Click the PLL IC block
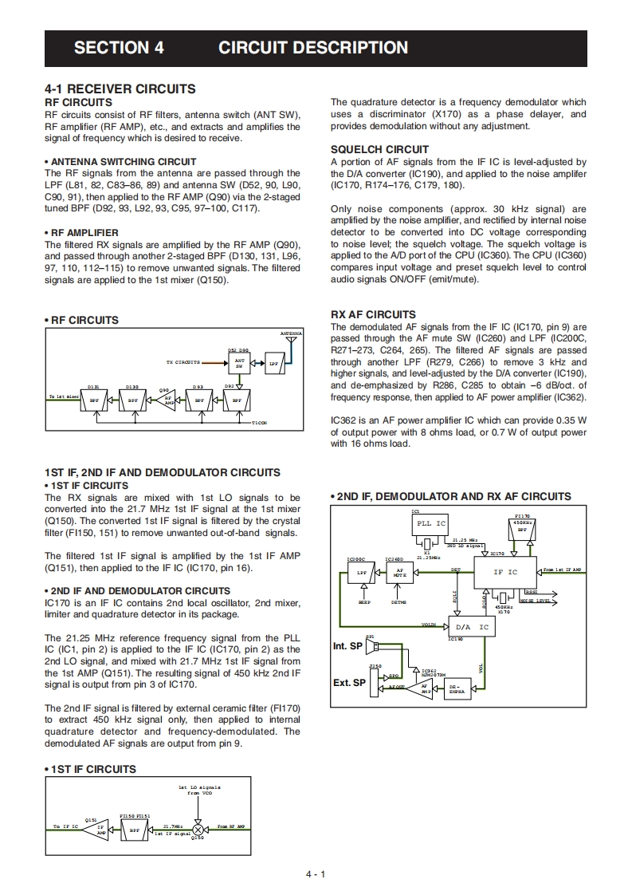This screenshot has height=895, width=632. click(x=431, y=524)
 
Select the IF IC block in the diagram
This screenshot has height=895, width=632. click(x=504, y=572)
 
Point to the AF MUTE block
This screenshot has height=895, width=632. click(x=400, y=573)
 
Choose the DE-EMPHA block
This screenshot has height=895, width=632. click(x=457, y=688)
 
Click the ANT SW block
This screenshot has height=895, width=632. click(x=239, y=362)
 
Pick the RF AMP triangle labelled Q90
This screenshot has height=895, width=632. click(x=167, y=401)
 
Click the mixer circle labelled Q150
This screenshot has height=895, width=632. click(x=198, y=830)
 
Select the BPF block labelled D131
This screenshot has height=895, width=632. click(x=94, y=401)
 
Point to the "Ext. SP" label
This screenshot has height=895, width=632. click(x=349, y=683)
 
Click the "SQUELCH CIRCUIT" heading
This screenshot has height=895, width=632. click(x=379, y=149)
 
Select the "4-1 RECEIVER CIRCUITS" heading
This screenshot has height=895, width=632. click(x=120, y=89)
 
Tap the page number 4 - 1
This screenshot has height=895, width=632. click(x=316, y=874)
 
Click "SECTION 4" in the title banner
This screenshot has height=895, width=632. click(x=119, y=48)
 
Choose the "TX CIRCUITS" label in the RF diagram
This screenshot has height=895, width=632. click(x=183, y=362)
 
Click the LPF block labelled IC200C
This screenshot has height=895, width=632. click(x=361, y=573)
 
